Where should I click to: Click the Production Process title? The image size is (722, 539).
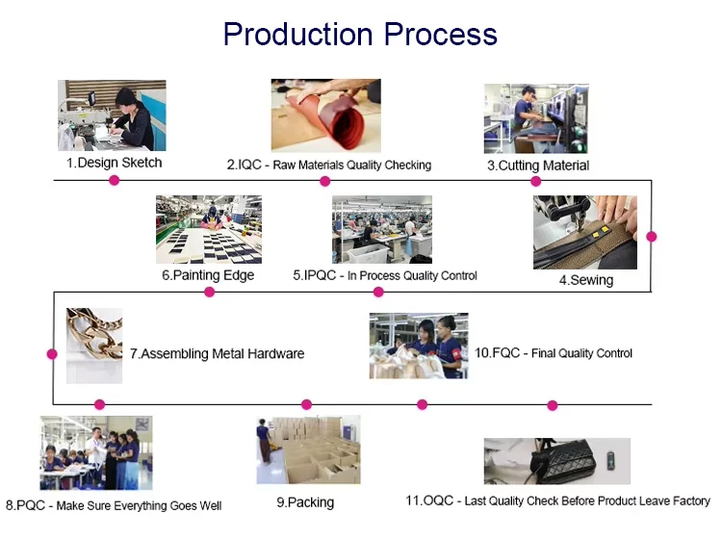pos(360,35)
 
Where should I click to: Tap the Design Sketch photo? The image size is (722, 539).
pos(112,115)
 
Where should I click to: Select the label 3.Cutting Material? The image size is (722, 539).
pos(537,166)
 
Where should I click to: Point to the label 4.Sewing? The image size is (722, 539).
pos(585,280)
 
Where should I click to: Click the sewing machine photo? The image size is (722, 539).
pos(584,232)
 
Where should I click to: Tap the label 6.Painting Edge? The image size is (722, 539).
pos(208,275)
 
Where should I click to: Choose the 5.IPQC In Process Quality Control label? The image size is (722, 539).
pos(385,275)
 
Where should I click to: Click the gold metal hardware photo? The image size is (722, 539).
pos(94,345)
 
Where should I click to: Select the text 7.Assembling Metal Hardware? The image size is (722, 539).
pos(217,353)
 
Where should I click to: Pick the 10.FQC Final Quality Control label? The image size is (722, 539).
pos(554,353)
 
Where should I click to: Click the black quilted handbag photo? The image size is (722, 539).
pos(556,460)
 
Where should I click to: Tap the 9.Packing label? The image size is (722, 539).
pos(304,502)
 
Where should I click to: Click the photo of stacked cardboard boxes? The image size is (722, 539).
pos(308,449)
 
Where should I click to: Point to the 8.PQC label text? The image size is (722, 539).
pos(114,505)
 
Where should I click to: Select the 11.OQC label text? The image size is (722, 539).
pos(557,500)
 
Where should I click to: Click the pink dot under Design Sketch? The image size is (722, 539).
pos(114,180)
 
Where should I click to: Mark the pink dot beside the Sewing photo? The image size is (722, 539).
pos(652,236)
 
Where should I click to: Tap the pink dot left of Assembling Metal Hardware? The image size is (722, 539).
pos(52,354)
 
